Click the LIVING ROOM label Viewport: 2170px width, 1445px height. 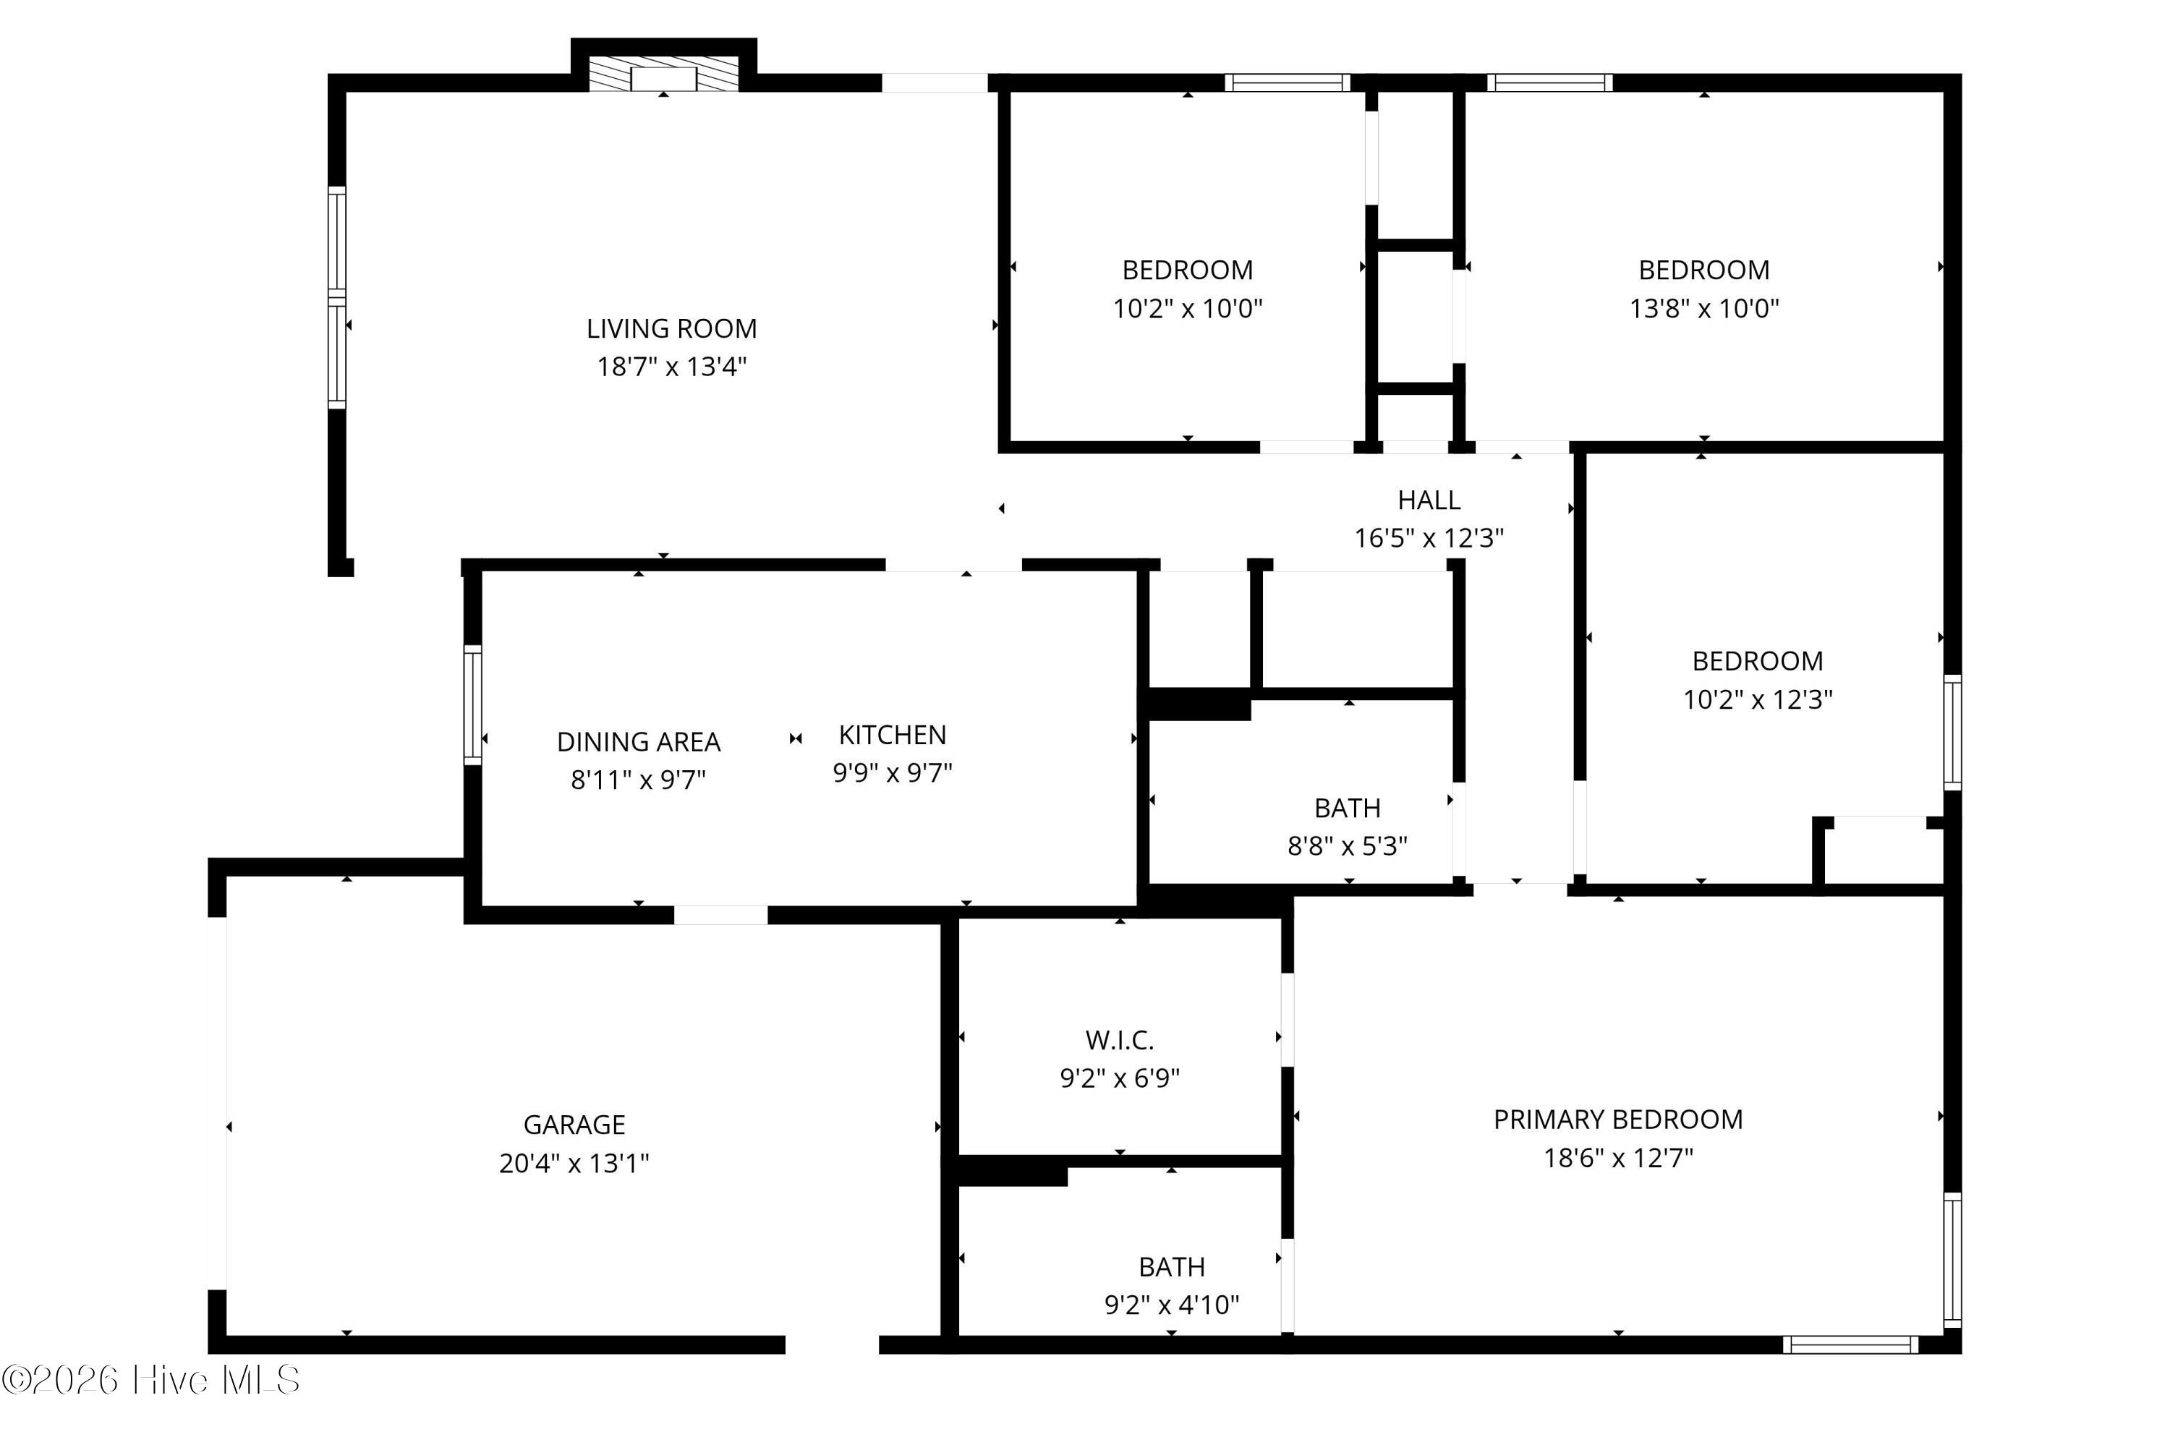pyautogui.click(x=672, y=328)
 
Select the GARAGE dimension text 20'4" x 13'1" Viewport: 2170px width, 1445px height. pyautogui.click(x=574, y=1163)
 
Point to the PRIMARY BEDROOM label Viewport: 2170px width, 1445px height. pyautogui.click(x=1618, y=1120)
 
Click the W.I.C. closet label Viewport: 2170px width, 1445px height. pyautogui.click(x=1120, y=1041)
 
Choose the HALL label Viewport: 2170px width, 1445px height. pyautogui.click(x=1429, y=500)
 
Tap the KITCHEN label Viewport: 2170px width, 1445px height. pyautogui.click(x=892, y=735)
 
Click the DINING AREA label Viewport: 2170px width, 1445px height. pyautogui.click(x=639, y=742)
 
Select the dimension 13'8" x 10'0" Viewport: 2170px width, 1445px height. pyautogui.click(x=1703, y=308)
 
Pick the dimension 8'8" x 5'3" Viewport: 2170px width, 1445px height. pyautogui.click(x=1347, y=846)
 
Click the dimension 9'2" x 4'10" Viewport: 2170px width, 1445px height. pyautogui.click(x=1172, y=1305)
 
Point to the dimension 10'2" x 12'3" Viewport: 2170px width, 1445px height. pyautogui.click(x=1757, y=699)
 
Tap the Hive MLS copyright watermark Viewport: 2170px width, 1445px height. pyautogui.click(x=150, y=1380)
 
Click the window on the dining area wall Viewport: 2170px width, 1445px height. pyautogui.click(x=473, y=705)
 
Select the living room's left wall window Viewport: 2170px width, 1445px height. pyautogui.click(x=337, y=298)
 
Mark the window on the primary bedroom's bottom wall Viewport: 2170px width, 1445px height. pyautogui.click(x=1850, y=1344)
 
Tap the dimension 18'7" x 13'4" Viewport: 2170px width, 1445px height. pyautogui.click(x=672, y=367)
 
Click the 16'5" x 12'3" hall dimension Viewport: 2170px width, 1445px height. pyautogui.click(x=1429, y=538)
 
